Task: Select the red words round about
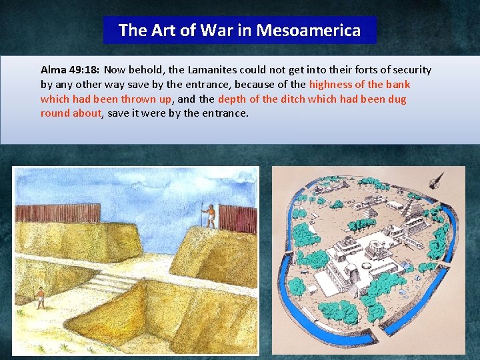pos(71,113)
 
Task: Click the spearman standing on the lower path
pos(40,298)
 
